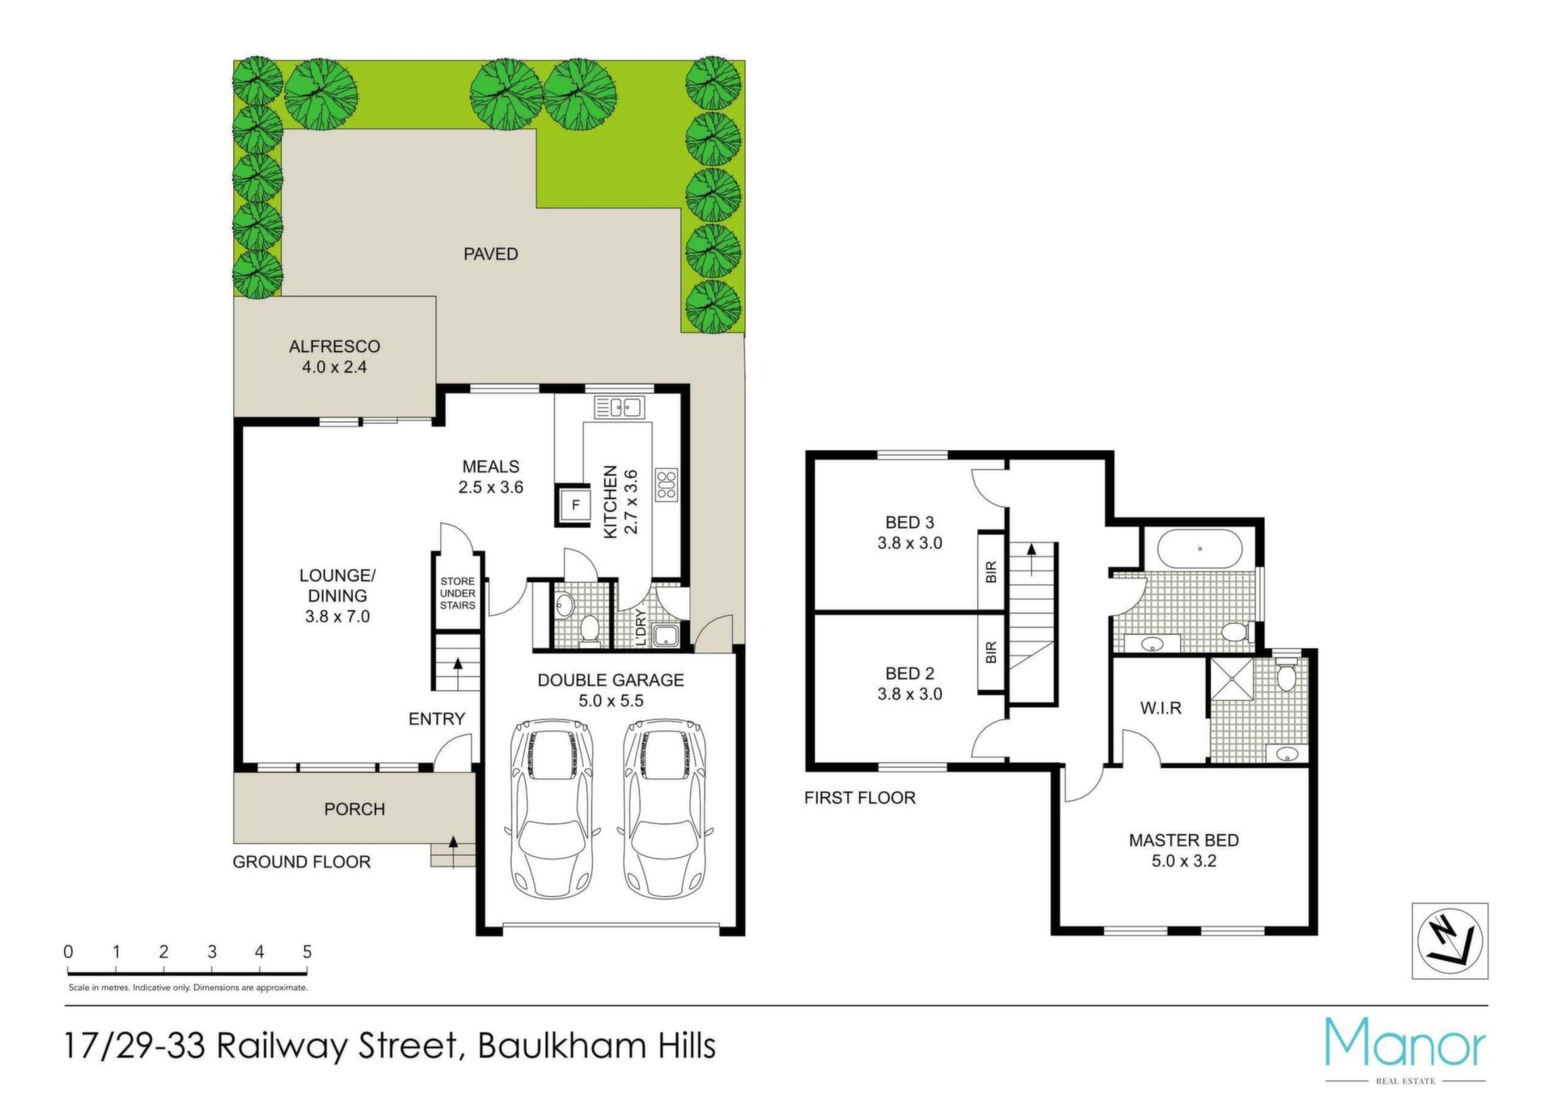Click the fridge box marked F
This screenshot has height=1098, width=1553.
point(575,505)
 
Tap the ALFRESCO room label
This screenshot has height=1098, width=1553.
point(334,346)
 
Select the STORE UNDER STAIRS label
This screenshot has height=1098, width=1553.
point(457,593)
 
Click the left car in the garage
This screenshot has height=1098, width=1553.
point(552,807)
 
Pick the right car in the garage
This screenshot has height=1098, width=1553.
point(665,807)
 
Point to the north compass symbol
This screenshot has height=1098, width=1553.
point(1449,941)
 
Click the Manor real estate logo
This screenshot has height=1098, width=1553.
point(1405,1049)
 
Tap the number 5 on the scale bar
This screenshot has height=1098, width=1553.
point(307,952)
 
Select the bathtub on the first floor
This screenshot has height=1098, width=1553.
point(1200,549)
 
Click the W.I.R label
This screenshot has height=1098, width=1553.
point(1161,708)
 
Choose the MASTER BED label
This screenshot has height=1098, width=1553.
point(1183,841)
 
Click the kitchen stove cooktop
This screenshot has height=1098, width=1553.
point(666,485)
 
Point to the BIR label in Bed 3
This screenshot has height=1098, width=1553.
point(992,572)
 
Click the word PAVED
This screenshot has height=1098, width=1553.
point(490,254)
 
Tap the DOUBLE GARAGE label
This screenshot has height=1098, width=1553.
point(611,680)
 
